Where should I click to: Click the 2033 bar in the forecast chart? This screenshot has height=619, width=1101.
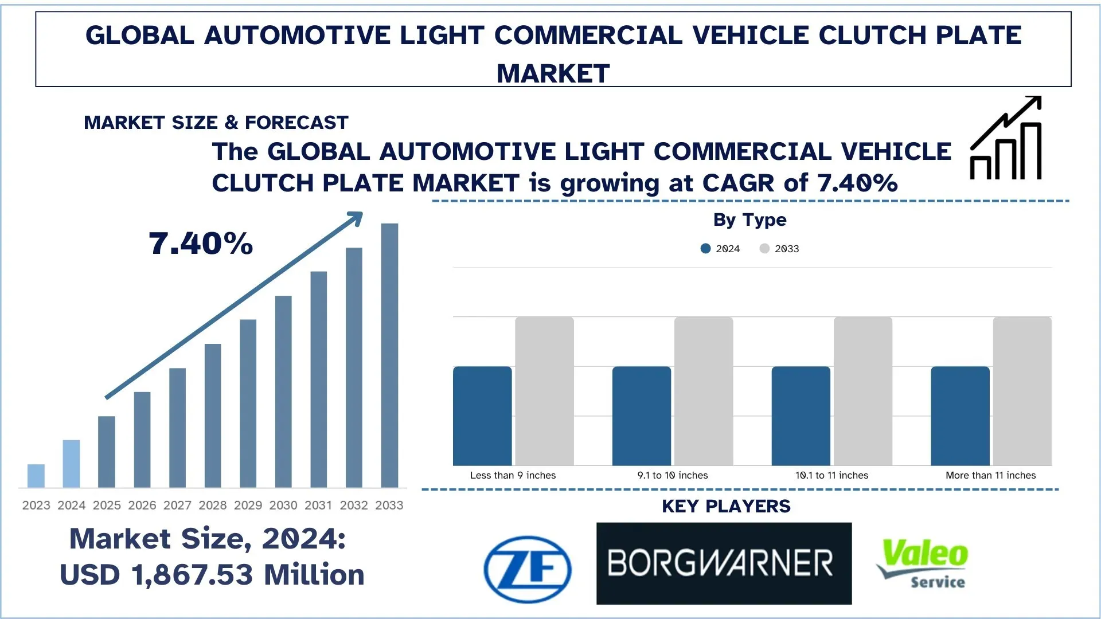click(x=389, y=355)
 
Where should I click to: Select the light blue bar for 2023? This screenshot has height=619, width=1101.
click(x=36, y=476)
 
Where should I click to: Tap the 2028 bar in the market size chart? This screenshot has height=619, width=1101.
click(x=213, y=416)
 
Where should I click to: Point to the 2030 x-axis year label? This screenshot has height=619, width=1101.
click(x=283, y=505)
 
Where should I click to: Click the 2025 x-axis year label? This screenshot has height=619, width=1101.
click(x=107, y=505)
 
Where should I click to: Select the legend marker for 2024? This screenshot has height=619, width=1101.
click(x=706, y=249)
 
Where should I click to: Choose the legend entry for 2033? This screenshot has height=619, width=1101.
click(x=780, y=249)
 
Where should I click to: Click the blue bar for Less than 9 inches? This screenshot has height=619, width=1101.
click(x=482, y=416)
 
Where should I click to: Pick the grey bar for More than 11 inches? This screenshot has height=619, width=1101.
click(x=1022, y=391)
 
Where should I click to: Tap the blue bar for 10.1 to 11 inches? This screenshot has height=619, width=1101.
click(x=801, y=416)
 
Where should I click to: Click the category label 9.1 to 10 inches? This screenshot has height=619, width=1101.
click(x=672, y=475)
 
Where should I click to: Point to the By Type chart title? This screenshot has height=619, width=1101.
click(x=749, y=220)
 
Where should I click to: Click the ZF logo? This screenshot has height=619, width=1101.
click(x=528, y=569)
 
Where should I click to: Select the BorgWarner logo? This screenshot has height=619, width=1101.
click(x=724, y=563)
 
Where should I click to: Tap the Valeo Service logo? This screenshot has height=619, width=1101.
click(x=923, y=563)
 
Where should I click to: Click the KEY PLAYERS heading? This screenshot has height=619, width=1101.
click(x=726, y=506)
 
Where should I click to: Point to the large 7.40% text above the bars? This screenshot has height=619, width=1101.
click(x=201, y=244)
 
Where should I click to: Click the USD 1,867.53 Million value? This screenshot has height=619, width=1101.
click(x=212, y=574)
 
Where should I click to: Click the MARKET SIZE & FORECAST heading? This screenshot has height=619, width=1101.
click(x=216, y=123)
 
